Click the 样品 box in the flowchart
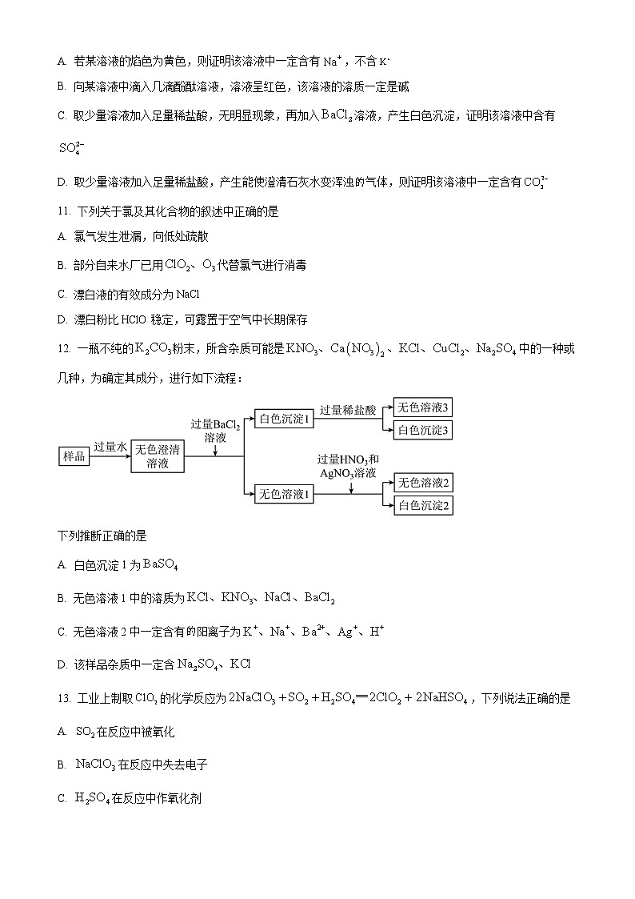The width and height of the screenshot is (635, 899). click(x=74, y=456)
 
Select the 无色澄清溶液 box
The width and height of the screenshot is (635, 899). click(x=158, y=456)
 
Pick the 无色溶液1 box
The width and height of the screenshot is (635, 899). click(x=283, y=495)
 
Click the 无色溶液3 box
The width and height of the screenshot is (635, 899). click(x=425, y=407)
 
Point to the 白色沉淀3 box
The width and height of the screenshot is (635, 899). click(x=425, y=431)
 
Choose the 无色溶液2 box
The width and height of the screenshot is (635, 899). click(x=425, y=482)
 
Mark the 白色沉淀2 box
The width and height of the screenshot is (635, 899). click(x=425, y=505)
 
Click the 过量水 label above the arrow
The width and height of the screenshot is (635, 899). click(x=110, y=447)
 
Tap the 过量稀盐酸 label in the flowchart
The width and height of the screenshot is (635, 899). click(x=348, y=410)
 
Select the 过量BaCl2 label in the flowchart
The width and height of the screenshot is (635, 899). click(x=215, y=424)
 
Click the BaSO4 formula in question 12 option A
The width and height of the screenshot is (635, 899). click(x=160, y=565)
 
